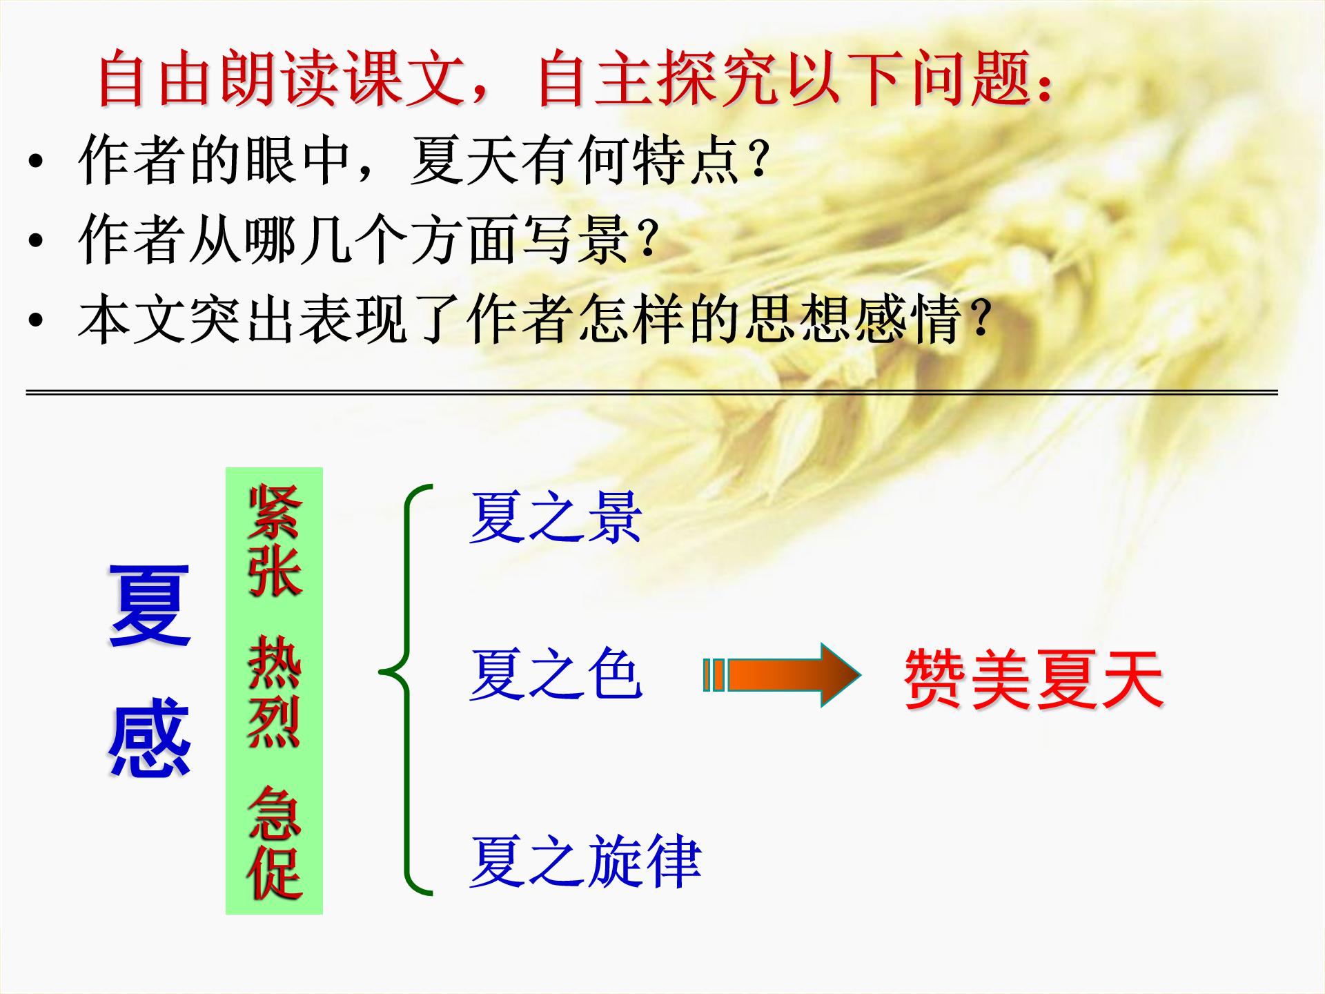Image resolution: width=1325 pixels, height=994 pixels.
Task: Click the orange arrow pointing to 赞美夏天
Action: coord(783,674)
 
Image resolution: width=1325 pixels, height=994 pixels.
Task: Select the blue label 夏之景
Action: coord(556,518)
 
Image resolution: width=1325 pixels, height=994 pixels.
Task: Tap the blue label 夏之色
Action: coord(556,674)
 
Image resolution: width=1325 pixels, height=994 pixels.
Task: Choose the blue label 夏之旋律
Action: coord(585,861)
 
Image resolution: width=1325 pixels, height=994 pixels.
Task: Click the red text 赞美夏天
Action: coord(1033,679)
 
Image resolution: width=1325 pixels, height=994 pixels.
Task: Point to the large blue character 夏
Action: coord(150,606)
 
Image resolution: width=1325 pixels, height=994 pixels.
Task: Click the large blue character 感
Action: coord(150,737)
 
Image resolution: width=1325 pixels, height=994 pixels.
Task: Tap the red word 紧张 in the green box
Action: coord(275,540)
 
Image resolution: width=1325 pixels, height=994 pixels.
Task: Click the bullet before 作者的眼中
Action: coord(36,162)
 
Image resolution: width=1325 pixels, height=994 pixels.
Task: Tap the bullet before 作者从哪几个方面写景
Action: coord(36,241)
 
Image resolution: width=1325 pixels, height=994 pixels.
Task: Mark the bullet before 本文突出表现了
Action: coord(36,320)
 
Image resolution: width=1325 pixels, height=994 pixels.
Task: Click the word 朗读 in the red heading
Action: coord(279,79)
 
